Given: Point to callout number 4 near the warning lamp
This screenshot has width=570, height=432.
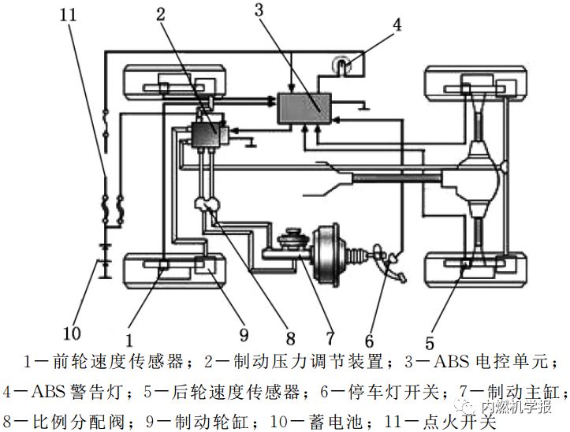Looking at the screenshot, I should [x=397, y=24].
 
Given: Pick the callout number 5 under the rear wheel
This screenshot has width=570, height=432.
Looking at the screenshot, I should [x=430, y=342].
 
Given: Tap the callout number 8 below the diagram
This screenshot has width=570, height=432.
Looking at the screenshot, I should [x=289, y=339].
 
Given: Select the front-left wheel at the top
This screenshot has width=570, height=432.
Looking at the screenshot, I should [x=174, y=82].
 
